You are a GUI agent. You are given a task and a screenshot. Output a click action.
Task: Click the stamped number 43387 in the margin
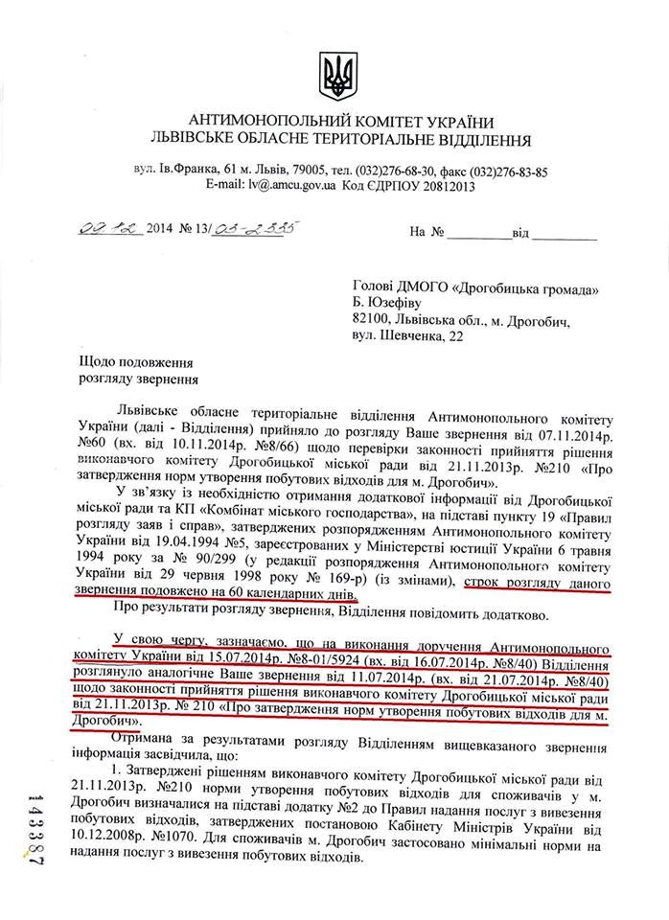[x=35, y=833]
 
